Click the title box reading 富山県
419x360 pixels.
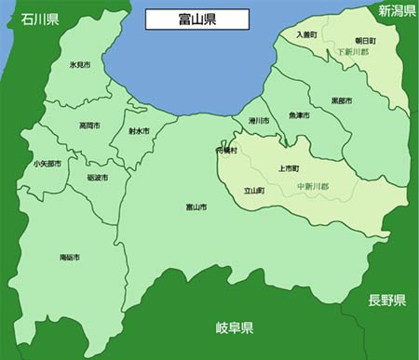196,18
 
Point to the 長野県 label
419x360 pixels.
386,300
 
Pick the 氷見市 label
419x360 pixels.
79,66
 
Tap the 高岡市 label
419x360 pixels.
90,125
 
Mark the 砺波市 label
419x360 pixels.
97,177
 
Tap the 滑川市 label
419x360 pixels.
258,121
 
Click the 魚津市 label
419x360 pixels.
299,115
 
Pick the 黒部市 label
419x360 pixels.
342,100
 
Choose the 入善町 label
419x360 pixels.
307,34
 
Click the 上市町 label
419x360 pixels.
289,169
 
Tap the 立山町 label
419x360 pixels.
254,191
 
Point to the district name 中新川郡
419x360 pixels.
314,187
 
